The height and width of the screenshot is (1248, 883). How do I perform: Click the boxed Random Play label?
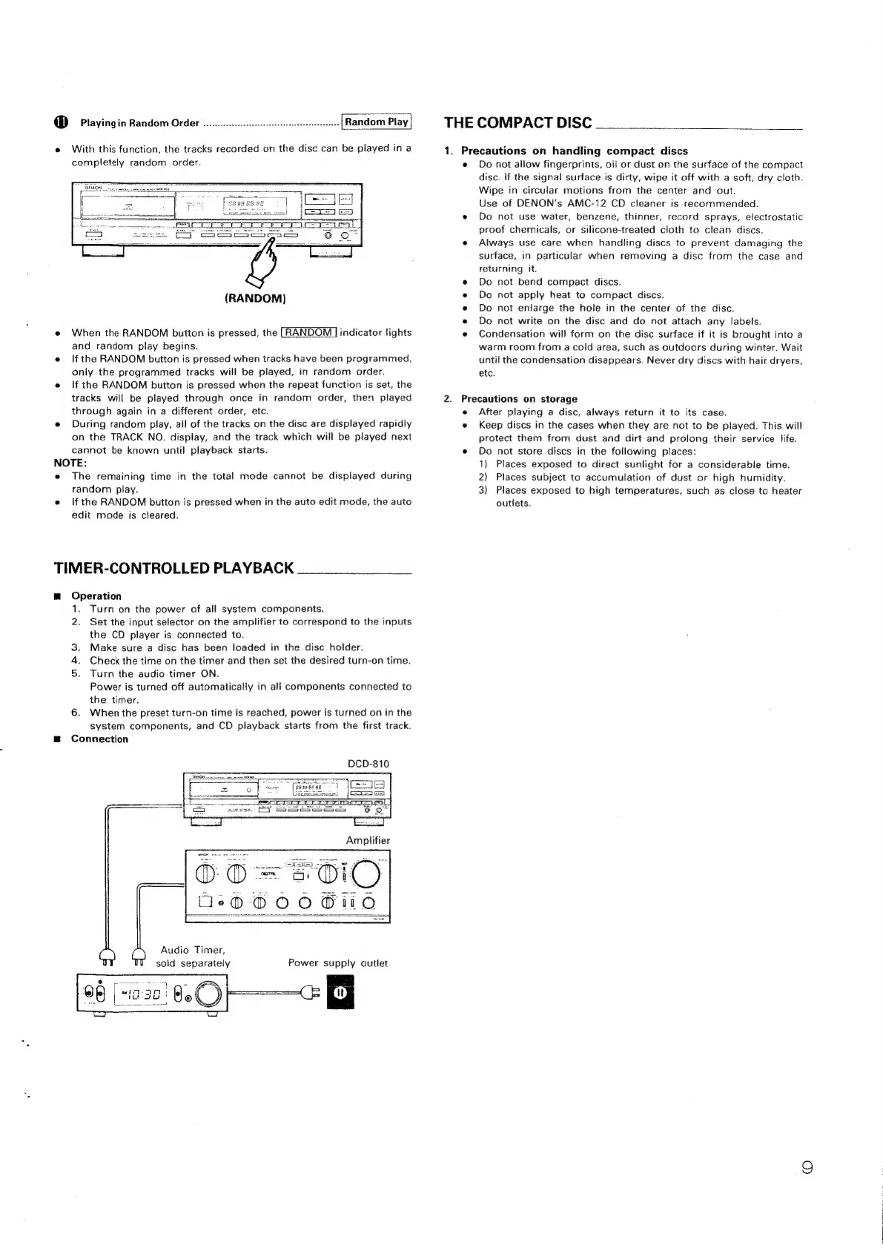(x=377, y=122)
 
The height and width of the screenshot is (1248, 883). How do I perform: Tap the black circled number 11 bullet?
(x=62, y=122)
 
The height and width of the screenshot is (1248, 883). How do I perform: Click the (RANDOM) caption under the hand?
(x=255, y=298)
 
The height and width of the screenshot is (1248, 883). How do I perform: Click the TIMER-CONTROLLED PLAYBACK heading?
(x=174, y=568)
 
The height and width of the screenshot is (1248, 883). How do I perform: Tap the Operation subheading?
(x=96, y=595)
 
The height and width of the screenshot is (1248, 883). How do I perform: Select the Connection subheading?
(x=99, y=739)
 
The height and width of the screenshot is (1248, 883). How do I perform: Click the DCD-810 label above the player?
(x=368, y=764)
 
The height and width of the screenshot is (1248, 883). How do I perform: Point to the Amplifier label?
(x=368, y=840)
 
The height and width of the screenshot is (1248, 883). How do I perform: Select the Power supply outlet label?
(x=337, y=963)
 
